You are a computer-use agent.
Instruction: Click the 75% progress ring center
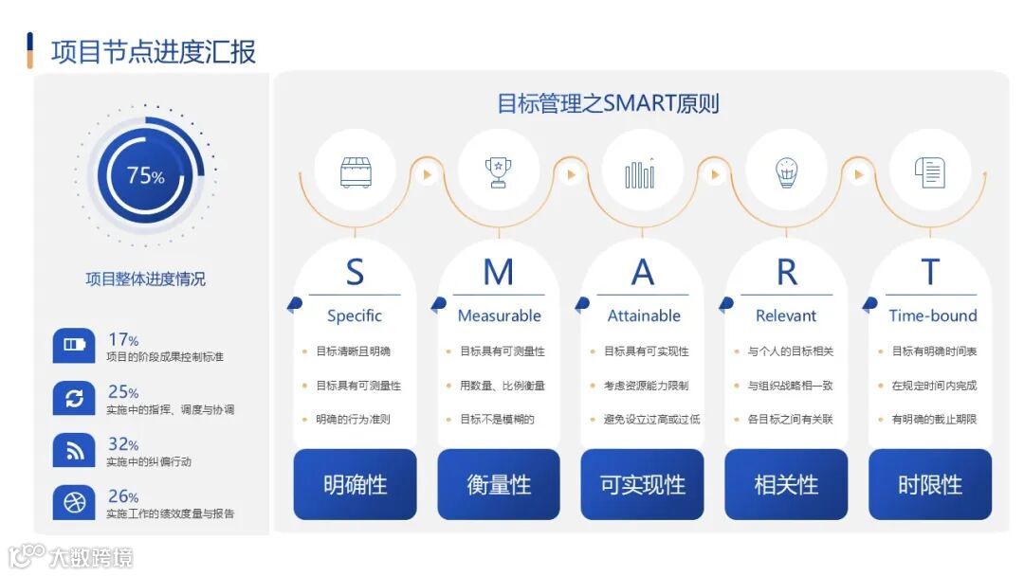click(145, 175)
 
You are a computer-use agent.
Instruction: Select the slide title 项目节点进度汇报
click(154, 51)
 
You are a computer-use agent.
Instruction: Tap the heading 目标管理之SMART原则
click(608, 102)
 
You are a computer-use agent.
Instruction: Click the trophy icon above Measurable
click(498, 171)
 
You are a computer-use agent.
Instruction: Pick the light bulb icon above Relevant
click(786, 171)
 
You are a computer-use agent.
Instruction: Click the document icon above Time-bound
click(930, 171)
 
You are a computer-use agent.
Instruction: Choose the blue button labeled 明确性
click(355, 485)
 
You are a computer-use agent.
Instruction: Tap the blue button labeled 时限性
click(930, 485)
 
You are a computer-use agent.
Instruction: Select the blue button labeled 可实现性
click(642, 485)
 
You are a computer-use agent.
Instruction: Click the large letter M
click(498, 273)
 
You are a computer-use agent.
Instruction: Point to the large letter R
click(786, 273)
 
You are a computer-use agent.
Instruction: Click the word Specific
click(355, 315)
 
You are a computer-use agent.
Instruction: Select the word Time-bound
click(932, 315)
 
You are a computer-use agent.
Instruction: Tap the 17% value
click(123, 339)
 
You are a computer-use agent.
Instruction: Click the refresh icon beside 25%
click(74, 399)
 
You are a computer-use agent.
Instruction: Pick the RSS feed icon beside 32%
click(74, 451)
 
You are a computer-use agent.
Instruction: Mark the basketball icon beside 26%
click(74, 503)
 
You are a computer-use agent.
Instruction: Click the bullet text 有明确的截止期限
click(933, 419)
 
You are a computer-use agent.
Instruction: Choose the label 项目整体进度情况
click(145, 279)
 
